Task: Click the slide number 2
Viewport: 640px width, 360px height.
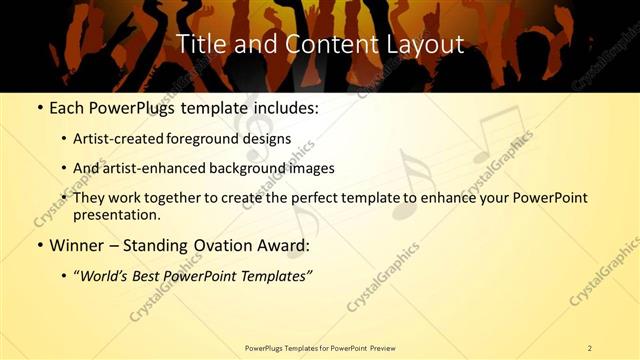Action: tap(589, 348)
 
